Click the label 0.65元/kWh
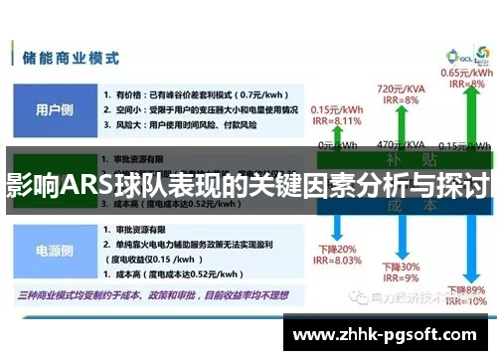click(462, 73)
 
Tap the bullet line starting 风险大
click(179, 125)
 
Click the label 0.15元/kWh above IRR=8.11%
click(335, 110)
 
